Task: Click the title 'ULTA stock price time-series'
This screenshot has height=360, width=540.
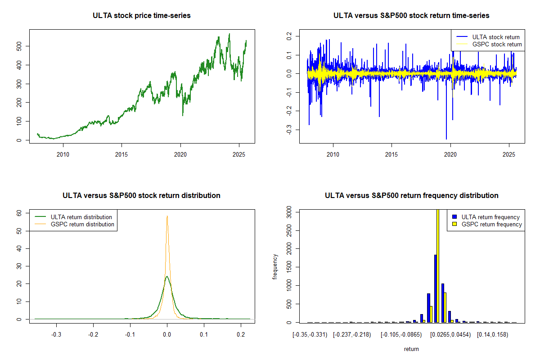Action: (142, 16)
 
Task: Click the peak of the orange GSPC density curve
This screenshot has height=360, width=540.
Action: (167, 216)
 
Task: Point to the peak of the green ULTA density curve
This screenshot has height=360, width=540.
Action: (167, 276)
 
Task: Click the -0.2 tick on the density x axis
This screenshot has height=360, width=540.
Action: (93, 334)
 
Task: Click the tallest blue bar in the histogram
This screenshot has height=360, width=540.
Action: (435, 288)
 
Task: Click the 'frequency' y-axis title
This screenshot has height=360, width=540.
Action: (275, 267)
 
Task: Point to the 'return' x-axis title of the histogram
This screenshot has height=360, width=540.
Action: (411, 349)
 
